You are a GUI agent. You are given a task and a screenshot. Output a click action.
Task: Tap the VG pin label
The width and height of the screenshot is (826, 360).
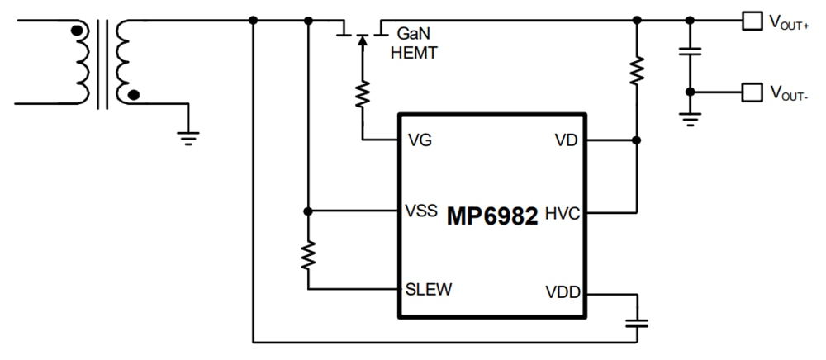point(420,140)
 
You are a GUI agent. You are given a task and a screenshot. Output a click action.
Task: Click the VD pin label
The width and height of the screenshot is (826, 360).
point(566,140)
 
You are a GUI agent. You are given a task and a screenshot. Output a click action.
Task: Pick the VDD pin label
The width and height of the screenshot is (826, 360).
point(563,290)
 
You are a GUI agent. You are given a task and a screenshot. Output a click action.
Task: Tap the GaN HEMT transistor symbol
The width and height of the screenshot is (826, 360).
point(361,33)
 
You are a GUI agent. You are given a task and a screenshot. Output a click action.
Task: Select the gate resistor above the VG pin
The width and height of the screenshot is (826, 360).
point(361,94)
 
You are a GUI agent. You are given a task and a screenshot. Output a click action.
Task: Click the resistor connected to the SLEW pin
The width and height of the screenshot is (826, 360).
point(307,255)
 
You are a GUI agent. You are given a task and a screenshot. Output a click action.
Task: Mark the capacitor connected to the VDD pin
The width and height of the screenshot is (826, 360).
point(636,322)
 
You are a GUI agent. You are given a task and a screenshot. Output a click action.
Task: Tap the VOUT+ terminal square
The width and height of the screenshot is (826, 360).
point(749,21)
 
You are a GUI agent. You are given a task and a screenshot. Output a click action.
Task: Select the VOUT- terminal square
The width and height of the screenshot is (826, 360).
point(749,92)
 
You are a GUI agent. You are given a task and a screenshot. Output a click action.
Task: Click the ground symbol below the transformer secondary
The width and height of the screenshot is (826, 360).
point(189,136)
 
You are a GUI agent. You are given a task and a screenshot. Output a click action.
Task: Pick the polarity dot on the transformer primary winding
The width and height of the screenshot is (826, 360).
point(77,32)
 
